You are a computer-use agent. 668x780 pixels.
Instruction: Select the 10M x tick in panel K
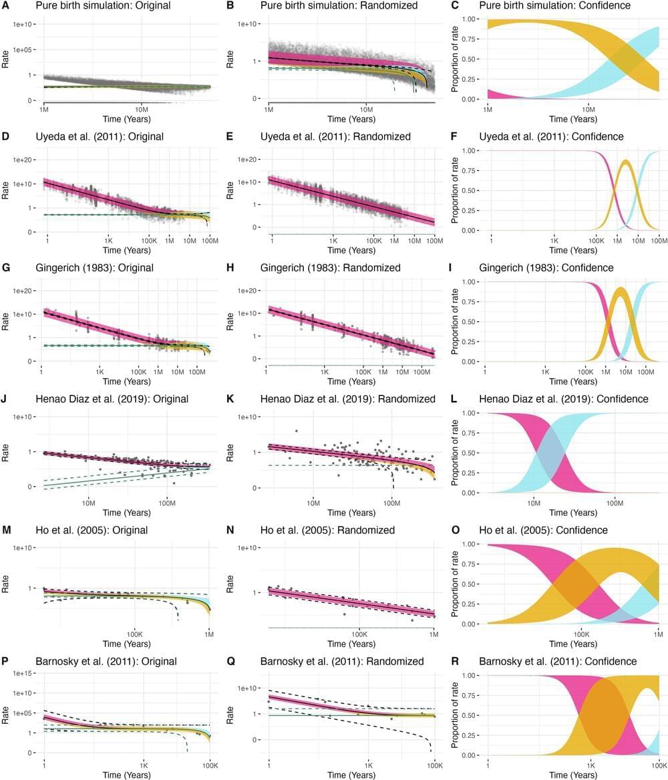point(313,503)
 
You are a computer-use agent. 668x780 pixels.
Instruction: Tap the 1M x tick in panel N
point(435,634)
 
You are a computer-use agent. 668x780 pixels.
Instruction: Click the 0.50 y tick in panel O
point(472,583)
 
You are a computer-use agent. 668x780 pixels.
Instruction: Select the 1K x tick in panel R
point(591,765)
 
